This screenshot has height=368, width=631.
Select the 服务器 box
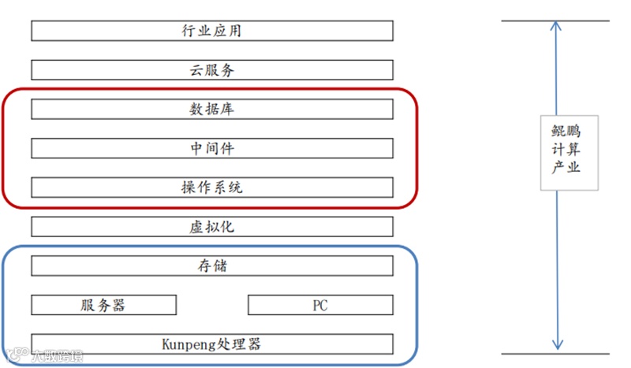point(103,305)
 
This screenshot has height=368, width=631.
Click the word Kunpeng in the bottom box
point(187,344)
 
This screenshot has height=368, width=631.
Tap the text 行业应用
point(211,32)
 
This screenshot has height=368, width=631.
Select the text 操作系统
point(211,188)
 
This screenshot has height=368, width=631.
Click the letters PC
point(320,305)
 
